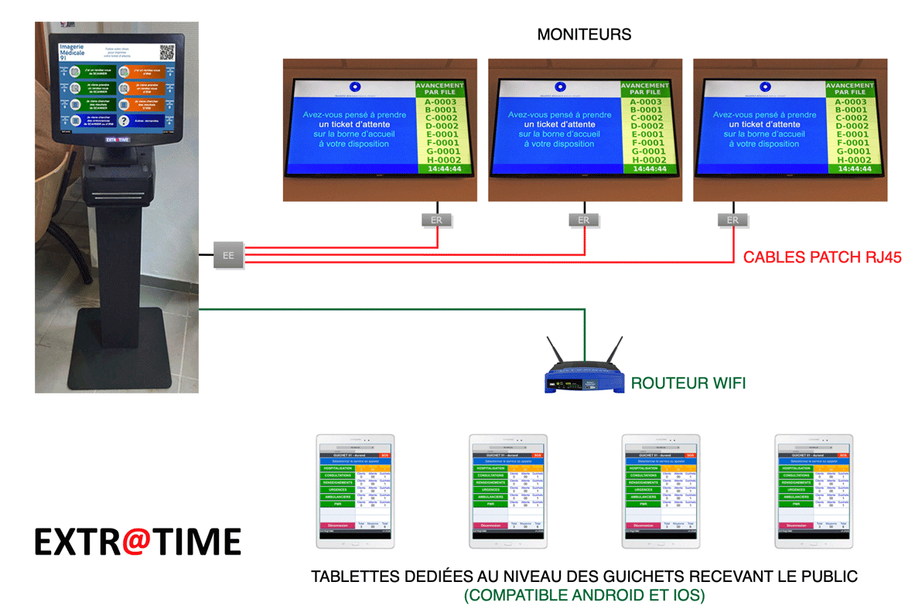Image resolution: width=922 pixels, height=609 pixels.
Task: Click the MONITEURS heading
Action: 584,35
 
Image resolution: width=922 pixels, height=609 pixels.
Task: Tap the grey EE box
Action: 228,254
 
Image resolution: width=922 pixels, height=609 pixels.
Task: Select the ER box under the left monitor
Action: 437,220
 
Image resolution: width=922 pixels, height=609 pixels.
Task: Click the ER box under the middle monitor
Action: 583,220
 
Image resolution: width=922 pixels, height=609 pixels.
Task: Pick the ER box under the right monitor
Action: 732,220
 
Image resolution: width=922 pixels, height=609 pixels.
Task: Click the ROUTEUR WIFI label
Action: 688,383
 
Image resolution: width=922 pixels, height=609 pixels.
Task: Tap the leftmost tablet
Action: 356,492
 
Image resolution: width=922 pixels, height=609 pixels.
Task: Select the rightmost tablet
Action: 814,492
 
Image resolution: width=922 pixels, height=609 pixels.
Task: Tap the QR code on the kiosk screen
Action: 167,52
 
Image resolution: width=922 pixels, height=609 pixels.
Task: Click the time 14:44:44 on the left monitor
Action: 439,168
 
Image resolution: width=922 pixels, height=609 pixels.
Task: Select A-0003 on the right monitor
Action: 851,102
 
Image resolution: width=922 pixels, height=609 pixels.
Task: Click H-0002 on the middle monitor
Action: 645,160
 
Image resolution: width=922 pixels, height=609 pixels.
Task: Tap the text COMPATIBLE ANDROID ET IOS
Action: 584,596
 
